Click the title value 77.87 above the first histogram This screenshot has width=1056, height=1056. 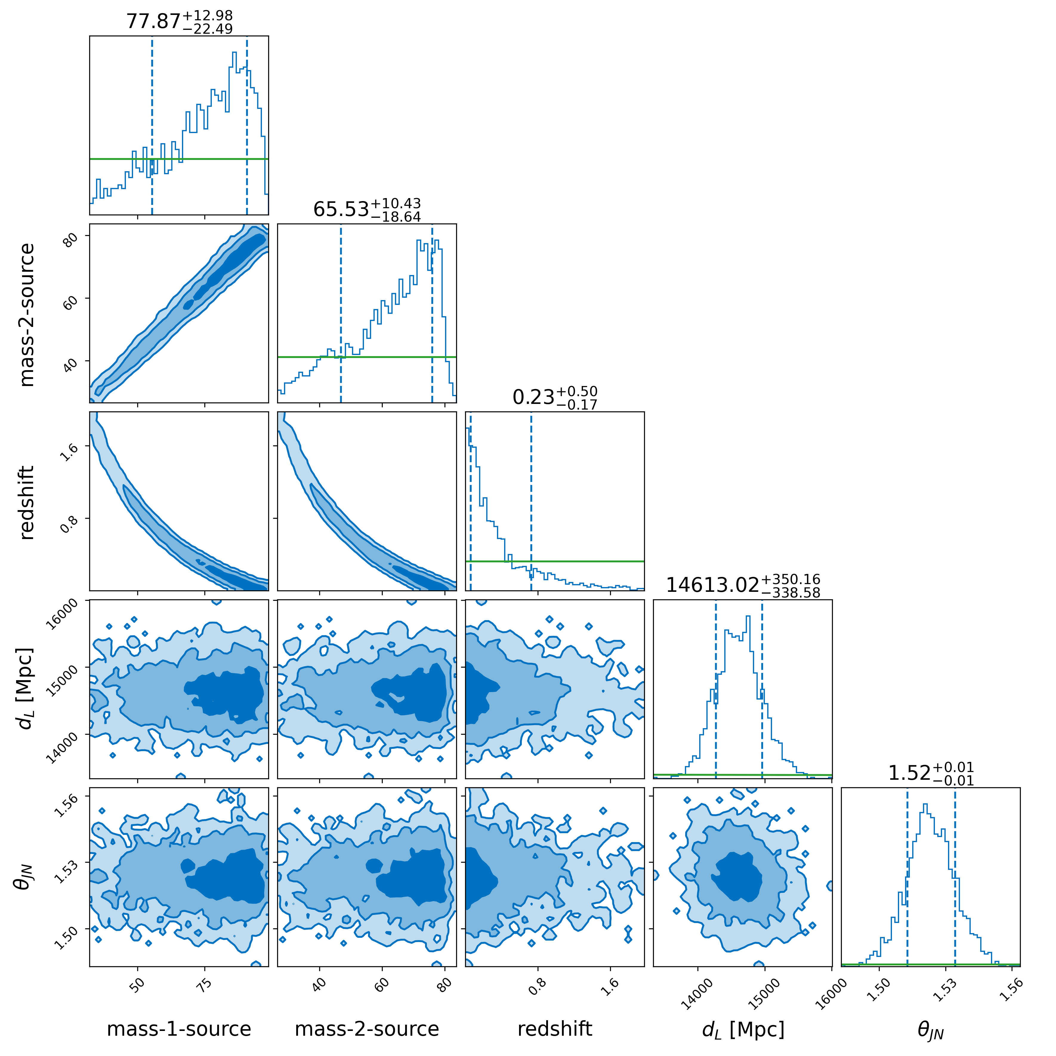(154, 21)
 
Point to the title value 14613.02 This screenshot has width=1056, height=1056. (712, 585)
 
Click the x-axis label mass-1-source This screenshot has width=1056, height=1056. (179, 1029)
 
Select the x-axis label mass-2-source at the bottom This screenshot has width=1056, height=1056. (367, 1029)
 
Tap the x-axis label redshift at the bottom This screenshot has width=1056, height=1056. (555, 1029)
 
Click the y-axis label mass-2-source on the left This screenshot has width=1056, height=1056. (26, 315)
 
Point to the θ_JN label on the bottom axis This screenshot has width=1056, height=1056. (931, 1030)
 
